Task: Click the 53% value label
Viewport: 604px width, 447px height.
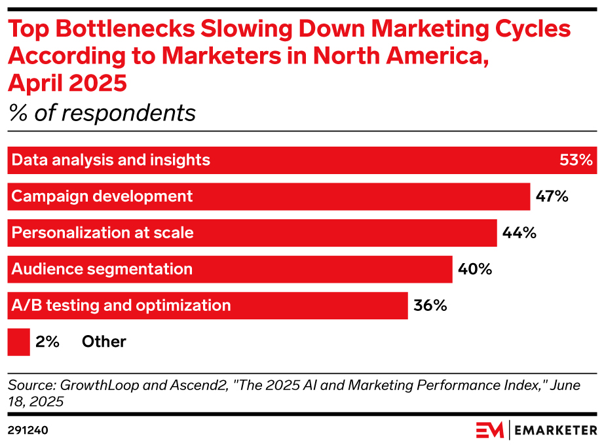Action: pos(576,160)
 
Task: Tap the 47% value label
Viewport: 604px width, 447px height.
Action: pos(552,196)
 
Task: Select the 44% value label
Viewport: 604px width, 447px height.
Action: pos(519,232)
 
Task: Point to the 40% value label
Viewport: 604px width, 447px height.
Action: pos(475,269)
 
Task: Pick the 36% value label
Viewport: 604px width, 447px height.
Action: pos(430,305)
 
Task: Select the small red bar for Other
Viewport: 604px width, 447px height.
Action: pos(18,342)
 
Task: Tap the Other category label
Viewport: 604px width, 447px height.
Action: pos(104,342)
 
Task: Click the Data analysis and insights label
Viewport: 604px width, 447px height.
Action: pos(111,160)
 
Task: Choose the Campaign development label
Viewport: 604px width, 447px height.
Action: pos(102,196)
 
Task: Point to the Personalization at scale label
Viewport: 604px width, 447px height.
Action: pos(103,232)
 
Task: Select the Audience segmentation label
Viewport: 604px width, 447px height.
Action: pos(102,269)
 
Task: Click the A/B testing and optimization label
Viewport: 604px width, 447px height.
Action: pos(121,305)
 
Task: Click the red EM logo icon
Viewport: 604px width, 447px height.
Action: pos(490,430)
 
